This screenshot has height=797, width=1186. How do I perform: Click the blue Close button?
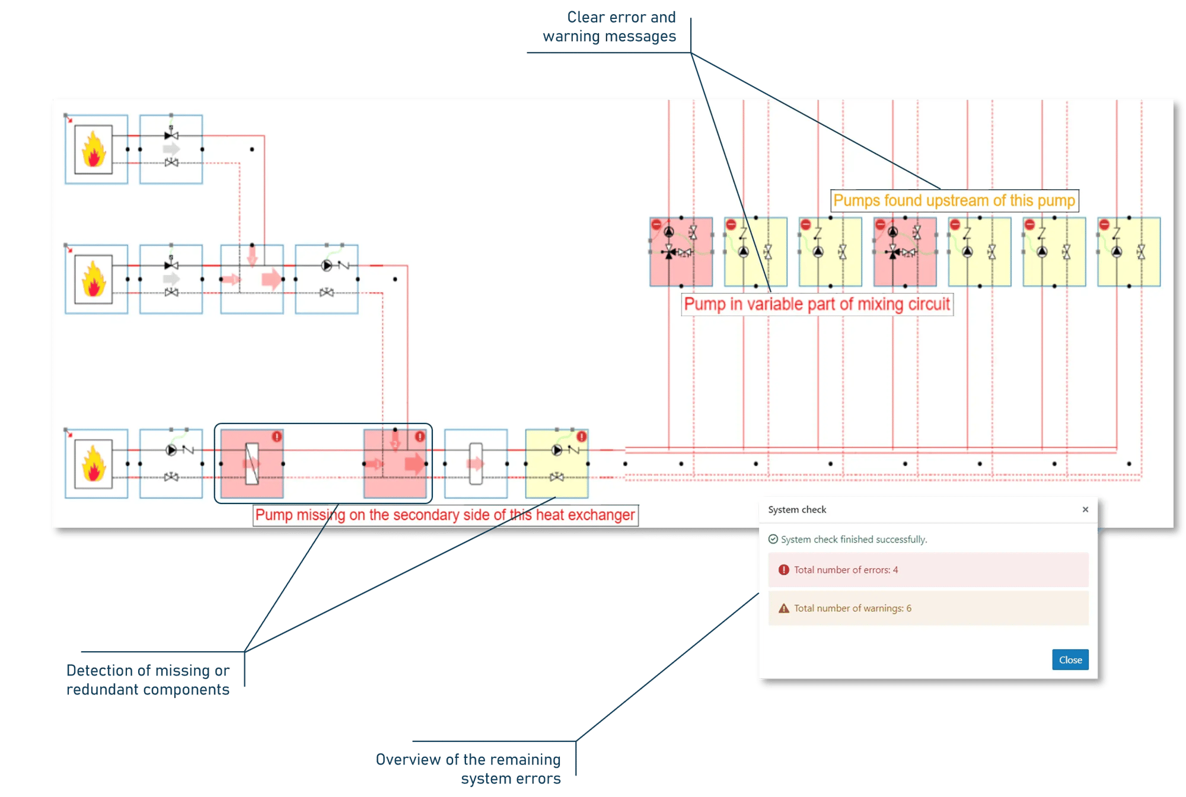point(1070,659)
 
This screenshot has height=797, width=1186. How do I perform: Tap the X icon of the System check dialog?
point(1085,509)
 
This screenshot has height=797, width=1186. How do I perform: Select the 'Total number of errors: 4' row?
point(928,570)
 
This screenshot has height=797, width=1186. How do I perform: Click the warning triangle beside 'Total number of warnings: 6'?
point(784,608)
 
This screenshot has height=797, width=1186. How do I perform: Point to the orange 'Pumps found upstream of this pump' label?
point(954,200)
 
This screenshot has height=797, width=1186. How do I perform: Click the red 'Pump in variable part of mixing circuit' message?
point(817,304)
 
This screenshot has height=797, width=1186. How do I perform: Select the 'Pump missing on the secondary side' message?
point(445,515)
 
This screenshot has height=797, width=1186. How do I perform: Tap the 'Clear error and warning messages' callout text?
point(610,27)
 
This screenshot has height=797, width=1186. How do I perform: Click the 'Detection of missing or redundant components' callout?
point(148,680)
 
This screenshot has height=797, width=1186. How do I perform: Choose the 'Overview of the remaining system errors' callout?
point(468,769)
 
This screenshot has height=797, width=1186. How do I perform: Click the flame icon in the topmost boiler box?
point(94,149)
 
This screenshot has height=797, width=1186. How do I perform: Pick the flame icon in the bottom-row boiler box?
point(94,464)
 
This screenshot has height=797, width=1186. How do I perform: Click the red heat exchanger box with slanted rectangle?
point(252,464)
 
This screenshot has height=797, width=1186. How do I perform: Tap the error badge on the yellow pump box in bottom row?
point(582,436)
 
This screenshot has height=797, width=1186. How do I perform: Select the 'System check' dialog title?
point(797,509)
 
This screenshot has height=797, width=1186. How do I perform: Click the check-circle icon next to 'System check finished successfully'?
point(773,539)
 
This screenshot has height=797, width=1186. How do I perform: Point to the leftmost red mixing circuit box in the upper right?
point(681,252)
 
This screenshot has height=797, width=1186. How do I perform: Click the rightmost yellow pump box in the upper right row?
point(1128,252)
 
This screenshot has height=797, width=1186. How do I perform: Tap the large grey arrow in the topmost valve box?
point(171,149)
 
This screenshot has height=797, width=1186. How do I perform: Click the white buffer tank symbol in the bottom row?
point(476,464)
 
